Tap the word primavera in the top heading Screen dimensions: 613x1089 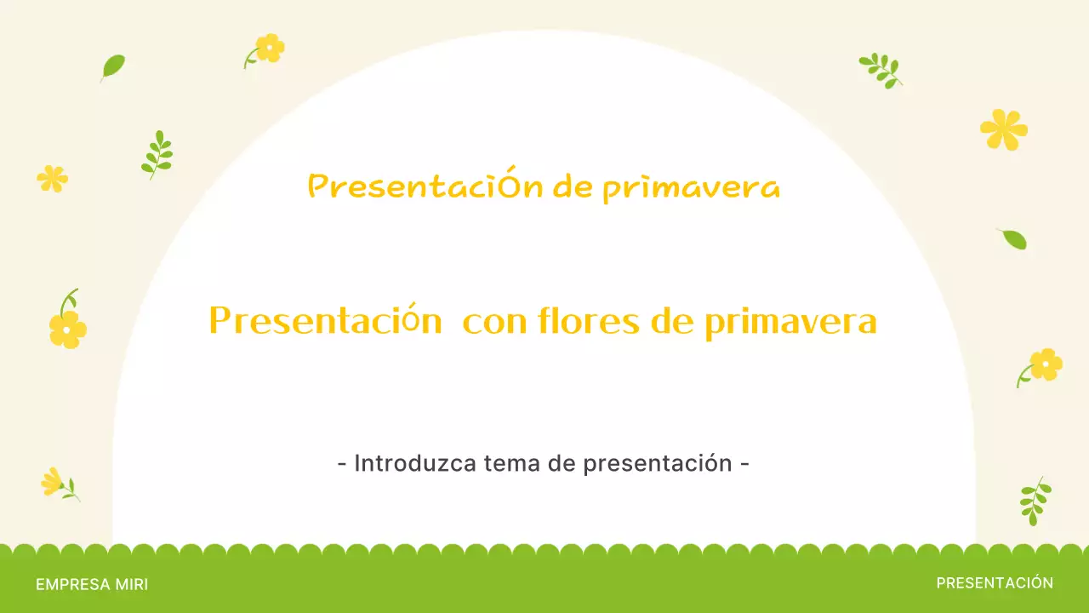tap(691, 188)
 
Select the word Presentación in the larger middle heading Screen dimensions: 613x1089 tap(325, 322)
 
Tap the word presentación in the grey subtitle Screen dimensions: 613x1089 tap(658, 464)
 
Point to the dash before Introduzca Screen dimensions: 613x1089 tap(342, 464)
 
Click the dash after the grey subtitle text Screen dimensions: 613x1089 tap(745, 464)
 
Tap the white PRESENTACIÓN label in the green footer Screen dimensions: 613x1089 tap(995, 583)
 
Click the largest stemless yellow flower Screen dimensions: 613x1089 tap(1004, 129)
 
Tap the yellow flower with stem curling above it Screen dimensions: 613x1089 tap(67, 327)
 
